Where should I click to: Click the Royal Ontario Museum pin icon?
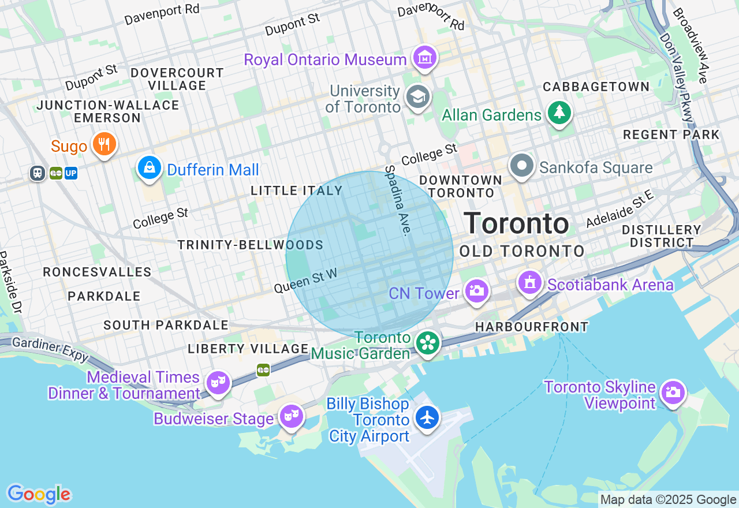tap(425, 58)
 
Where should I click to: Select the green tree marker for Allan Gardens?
tap(559, 113)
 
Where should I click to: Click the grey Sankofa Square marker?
tap(522, 166)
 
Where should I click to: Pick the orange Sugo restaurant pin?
tap(104, 144)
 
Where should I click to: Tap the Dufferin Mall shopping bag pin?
tap(150, 168)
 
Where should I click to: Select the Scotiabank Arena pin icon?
tap(529, 283)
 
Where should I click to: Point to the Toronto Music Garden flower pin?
tap(428, 343)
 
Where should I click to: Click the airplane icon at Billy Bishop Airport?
tap(427, 417)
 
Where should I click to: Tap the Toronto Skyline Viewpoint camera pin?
tap(673, 393)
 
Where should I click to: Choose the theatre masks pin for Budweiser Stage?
tap(292, 415)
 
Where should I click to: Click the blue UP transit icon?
tap(71, 173)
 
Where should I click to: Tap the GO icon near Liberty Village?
tap(263, 369)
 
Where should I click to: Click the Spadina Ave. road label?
tap(398, 200)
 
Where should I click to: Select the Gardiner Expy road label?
tap(50, 349)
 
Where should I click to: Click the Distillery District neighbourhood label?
tap(661, 236)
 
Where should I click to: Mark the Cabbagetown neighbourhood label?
tap(596, 87)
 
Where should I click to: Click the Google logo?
tap(39, 494)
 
